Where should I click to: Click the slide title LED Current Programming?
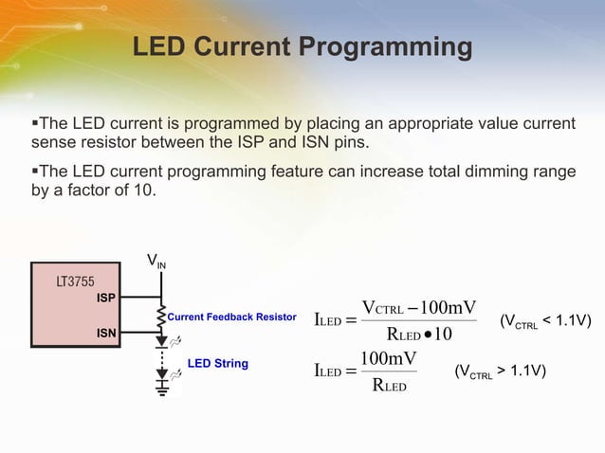pos(302,46)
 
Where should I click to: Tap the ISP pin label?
pos(105,298)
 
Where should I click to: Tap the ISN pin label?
pos(105,333)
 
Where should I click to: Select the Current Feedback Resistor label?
pos(231,317)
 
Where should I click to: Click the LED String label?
pos(217,363)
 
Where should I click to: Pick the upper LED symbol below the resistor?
pos(163,339)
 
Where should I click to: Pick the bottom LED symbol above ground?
pos(163,375)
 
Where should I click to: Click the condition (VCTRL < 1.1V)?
pos(545,323)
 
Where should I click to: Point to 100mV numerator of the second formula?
pos(389,358)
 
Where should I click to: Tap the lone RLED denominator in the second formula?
pos(389,385)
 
